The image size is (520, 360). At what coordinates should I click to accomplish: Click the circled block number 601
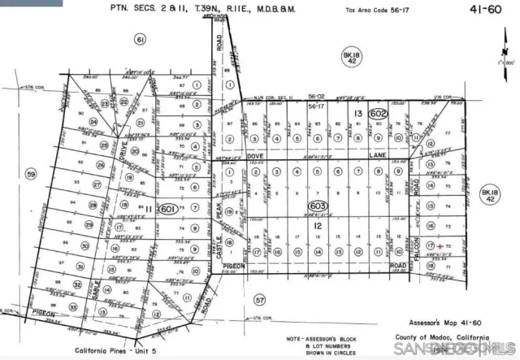pos(169,209)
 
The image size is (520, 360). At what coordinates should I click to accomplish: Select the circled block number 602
pos(377,115)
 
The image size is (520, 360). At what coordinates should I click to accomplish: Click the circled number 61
pos(140,39)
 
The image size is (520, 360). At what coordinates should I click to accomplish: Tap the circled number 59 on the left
pos(31,174)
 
